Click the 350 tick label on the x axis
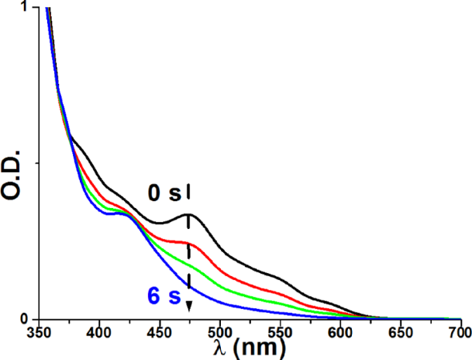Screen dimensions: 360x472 [x=39, y=334]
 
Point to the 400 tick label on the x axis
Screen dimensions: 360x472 [x=99, y=334]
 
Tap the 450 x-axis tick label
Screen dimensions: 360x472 [x=160, y=334]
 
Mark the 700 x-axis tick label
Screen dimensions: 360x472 [x=458, y=334]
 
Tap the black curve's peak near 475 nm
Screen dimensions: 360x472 [x=189, y=214]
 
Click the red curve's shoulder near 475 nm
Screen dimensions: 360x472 [x=189, y=242]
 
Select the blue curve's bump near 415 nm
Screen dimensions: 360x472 [x=116, y=212]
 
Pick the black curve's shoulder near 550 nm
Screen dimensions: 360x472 [x=279, y=276]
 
